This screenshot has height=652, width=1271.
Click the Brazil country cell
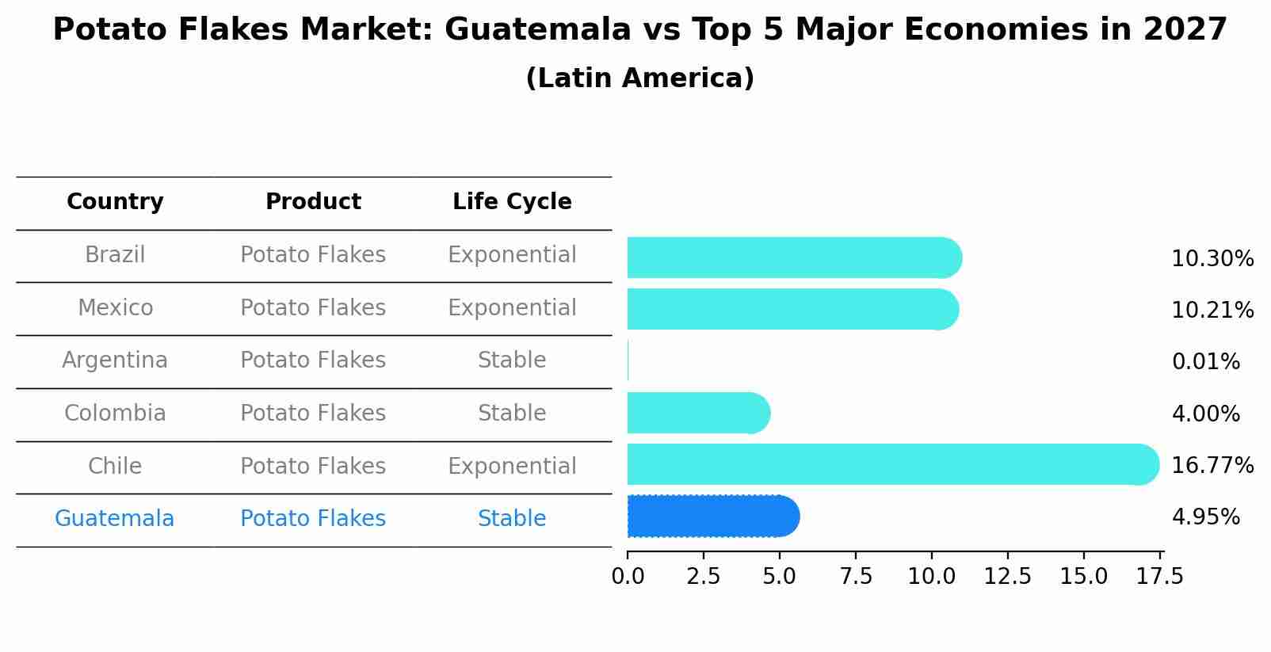click(x=115, y=255)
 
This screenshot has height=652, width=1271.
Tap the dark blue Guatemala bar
click(x=712, y=517)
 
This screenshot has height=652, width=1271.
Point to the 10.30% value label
click(x=1212, y=259)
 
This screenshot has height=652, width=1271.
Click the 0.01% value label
click(x=1205, y=362)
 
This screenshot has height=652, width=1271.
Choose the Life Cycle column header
click(x=512, y=202)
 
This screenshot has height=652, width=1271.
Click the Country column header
click(x=115, y=202)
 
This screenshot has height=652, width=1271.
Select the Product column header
click(x=313, y=202)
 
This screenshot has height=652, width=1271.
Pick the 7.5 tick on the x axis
click(x=856, y=577)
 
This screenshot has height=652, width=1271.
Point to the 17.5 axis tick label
click(x=1159, y=577)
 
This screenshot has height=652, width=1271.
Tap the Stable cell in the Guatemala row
click(x=512, y=519)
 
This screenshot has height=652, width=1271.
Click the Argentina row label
click(x=115, y=360)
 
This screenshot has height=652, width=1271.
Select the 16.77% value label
click(x=1212, y=465)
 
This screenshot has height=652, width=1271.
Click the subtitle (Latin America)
click(x=639, y=78)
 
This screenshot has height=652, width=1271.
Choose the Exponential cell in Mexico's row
click(x=512, y=307)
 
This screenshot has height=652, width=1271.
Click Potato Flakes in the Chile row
click(x=313, y=466)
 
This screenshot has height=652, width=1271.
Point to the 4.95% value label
click(x=1205, y=517)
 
